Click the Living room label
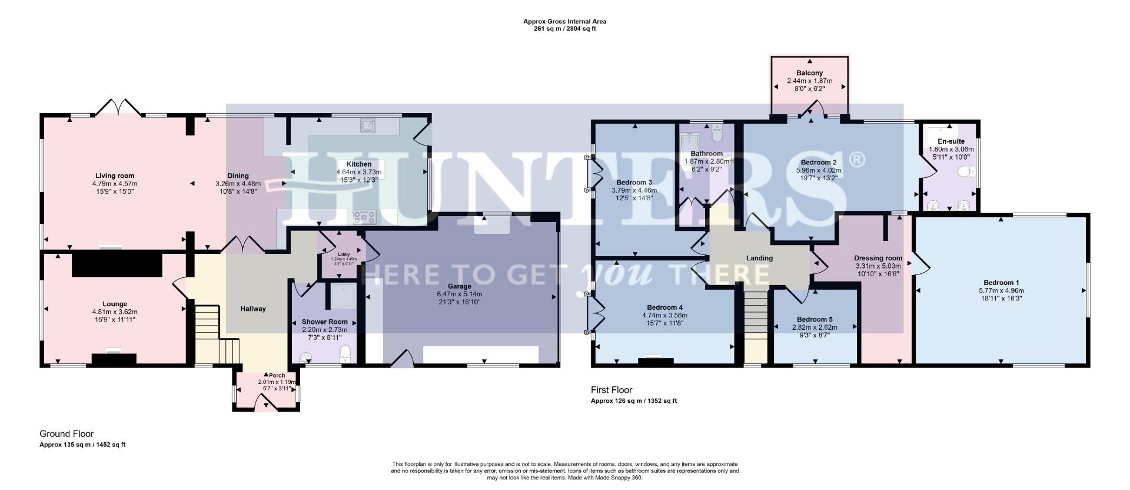(115, 176)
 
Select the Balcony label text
(809, 73)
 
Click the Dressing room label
(878, 258)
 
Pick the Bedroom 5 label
(815, 319)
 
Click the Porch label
(277, 375)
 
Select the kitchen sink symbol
(369, 125)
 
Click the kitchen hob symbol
(364, 217)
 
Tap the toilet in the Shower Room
(345, 353)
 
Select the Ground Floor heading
(67, 434)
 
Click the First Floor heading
(611, 390)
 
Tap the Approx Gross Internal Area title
(564, 21)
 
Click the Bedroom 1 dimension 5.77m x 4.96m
(1001, 290)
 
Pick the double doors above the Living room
(119, 107)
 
